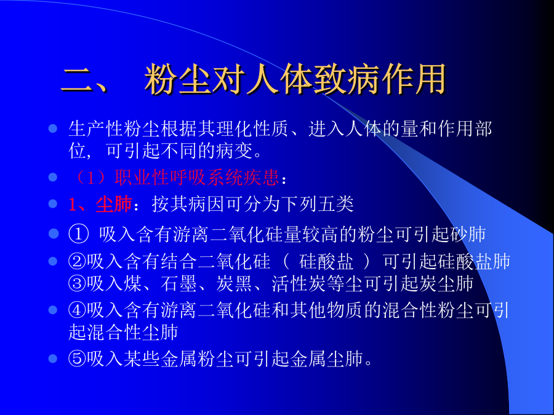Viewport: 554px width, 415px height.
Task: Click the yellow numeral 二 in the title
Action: coord(78,80)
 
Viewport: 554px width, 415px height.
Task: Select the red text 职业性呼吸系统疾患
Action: coord(197,177)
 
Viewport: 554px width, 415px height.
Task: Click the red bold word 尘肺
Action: coord(114,204)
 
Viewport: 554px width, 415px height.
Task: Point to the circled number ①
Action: coord(78,235)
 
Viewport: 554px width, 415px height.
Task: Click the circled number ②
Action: coord(78,261)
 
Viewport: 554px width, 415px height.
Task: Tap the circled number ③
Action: coord(78,283)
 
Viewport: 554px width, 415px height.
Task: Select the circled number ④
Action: coord(78,310)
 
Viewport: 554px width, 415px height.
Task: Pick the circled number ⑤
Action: coord(78,359)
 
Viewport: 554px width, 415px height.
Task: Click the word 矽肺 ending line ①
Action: coord(467,235)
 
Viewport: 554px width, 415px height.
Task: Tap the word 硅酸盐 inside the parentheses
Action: coord(326,261)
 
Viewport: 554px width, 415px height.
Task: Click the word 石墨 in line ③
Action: coord(179,283)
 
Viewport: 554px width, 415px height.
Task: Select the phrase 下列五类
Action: coord(317,204)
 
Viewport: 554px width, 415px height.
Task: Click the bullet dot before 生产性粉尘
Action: coord(53,128)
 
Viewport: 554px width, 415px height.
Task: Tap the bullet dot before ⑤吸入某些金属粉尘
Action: coord(53,359)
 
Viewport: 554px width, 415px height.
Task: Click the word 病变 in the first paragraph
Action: coord(235,151)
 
